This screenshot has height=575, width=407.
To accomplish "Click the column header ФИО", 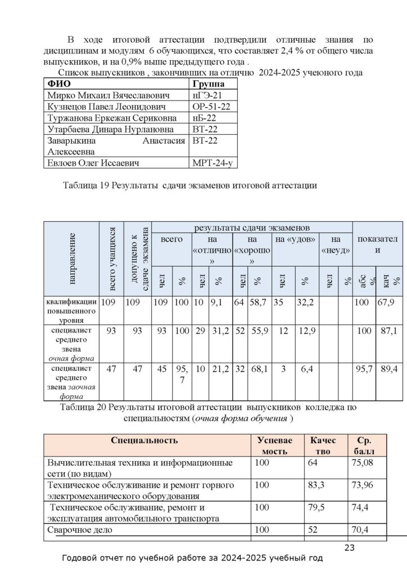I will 56,84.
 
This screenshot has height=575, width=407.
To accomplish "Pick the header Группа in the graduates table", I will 209,84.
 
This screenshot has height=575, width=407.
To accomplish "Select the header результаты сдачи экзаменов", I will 252,228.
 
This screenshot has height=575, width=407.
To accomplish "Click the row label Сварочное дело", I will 80,530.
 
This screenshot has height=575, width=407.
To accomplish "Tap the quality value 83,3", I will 318,485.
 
